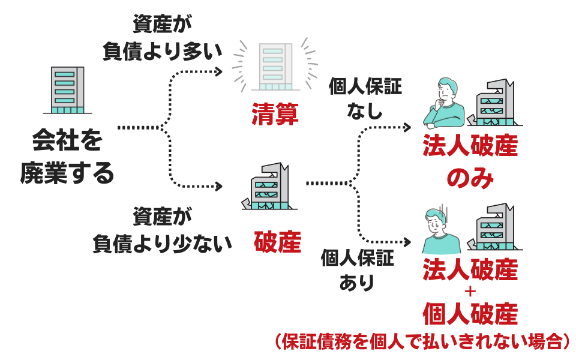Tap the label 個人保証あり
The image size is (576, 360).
(x=358, y=270)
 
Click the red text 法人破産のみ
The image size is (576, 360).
(x=470, y=161)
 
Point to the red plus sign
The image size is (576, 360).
(x=470, y=292)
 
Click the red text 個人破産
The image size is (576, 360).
(x=470, y=314)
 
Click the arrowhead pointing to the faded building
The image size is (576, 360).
(x=219, y=71)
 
